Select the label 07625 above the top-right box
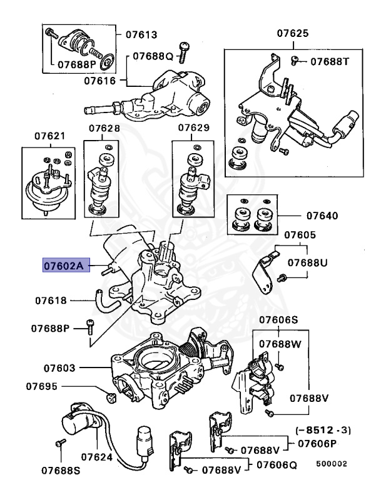(292, 32)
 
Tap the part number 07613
(140, 34)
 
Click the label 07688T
(332, 62)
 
